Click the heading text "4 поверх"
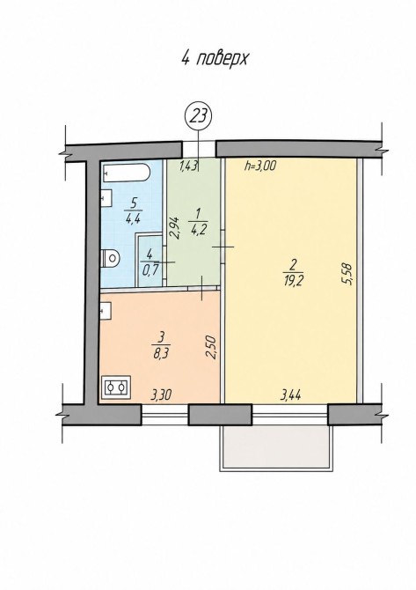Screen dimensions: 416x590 pyautogui.click(x=215, y=59)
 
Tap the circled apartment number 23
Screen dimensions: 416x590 pyautogui.click(x=199, y=116)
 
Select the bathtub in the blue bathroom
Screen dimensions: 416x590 pyautogui.click(x=126, y=173)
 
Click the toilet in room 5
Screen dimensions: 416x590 pyautogui.click(x=111, y=257)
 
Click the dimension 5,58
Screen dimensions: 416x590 pyautogui.click(x=347, y=274)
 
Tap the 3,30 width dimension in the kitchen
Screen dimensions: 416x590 pyautogui.click(x=161, y=395)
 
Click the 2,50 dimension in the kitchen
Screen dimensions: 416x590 pyautogui.click(x=212, y=347)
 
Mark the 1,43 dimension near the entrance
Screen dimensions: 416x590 pyautogui.click(x=188, y=166)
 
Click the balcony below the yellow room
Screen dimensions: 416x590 pyautogui.click(x=276, y=448)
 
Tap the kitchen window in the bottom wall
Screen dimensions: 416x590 pyautogui.click(x=164, y=415)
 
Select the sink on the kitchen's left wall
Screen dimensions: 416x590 pyautogui.click(x=106, y=312)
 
